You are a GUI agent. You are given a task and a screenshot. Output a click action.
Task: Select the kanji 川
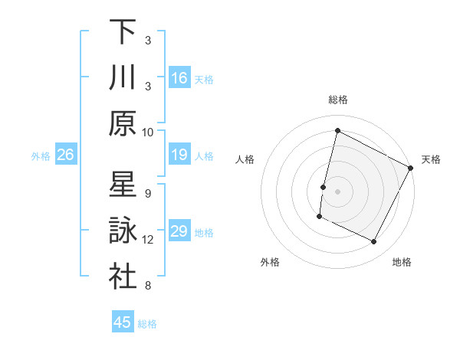coord(123,77)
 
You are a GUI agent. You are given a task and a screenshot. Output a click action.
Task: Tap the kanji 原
coord(123,123)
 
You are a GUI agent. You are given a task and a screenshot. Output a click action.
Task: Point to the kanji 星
coord(123,185)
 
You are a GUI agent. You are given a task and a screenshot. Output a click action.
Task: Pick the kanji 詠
coord(123,231)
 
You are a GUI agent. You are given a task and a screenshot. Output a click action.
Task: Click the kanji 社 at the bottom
coord(123,276)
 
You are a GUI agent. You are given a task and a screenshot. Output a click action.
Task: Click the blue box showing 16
coord(179,77)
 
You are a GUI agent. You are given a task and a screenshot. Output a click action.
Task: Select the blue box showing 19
coord(179,155)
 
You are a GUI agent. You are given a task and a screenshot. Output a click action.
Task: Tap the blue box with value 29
coord(179,231)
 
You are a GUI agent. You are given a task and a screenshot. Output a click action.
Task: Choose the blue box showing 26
coord(66,155)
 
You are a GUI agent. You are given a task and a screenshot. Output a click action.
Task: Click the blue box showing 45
coord(123,322)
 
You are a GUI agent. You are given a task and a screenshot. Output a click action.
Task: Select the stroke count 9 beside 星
coord(148,193)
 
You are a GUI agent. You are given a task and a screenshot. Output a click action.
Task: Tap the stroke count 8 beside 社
coord(148,286)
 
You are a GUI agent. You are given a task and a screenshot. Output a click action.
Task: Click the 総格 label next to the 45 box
coord(147,324)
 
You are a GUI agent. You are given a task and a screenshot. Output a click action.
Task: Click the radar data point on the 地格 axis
coord(374,242)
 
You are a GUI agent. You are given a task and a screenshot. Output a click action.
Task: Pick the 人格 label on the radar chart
coord(245,159)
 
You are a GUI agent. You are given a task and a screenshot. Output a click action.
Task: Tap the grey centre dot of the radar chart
coord(337,191)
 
